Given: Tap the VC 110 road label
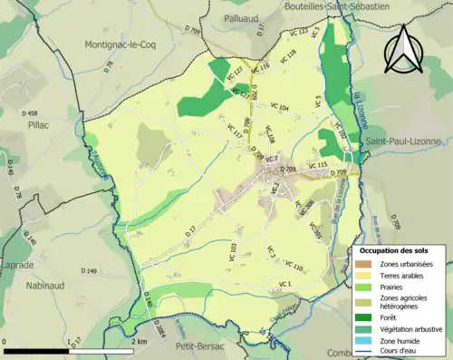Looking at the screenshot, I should [293, 267].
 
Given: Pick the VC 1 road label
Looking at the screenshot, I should [286, 285].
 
